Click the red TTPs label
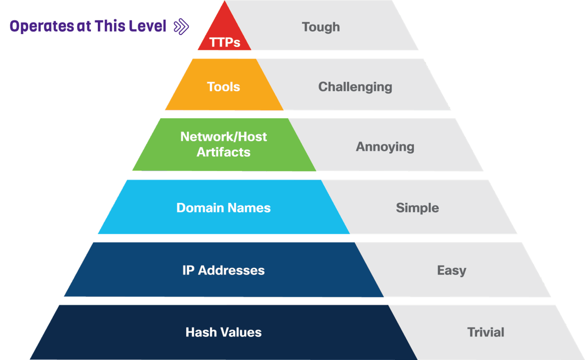pos(225,43)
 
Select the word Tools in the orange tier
pos(223,87)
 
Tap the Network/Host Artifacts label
pos(223,144)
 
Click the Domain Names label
pos(223,208)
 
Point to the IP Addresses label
pos(223,270)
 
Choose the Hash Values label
pos(223,332)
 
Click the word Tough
pos(321,27)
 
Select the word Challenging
pos(355,87)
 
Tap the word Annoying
pos(385,147)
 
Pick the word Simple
pos(417,208)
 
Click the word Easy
pos(451,270)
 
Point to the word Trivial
pos(486,332)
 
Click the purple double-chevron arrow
pos(181,27)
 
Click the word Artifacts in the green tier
pos(223,152)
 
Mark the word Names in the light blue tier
pos(251,208)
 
